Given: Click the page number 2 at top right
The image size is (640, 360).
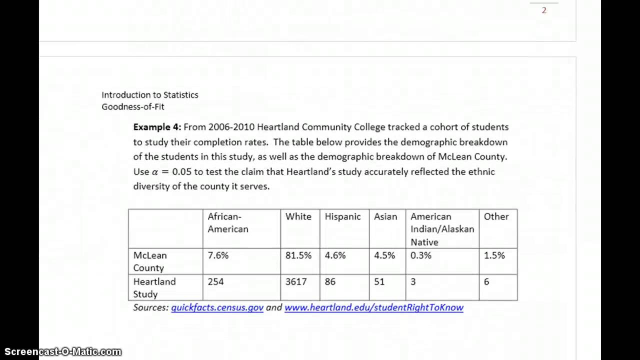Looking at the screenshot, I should click(x=544, y=10).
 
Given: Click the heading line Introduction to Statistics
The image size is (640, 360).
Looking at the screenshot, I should click(x=150, y=94).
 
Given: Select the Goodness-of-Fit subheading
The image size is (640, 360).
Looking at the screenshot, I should click(x=133, y=106).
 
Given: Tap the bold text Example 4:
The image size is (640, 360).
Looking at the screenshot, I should click(x=157, y=127).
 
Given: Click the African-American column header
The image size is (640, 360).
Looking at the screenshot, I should click(x=228, y=222).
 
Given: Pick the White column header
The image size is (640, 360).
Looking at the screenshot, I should click(x=298, y=216).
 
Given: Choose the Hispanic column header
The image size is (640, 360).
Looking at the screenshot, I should click(x=342, y=216).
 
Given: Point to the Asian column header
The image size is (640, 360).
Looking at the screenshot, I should click(x=385, y=216).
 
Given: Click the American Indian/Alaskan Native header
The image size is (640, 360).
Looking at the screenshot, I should click(x=442, y=229).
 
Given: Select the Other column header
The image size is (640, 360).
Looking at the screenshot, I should click(x=496, y=216).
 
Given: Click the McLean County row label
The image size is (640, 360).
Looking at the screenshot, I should click(x=150, y=261).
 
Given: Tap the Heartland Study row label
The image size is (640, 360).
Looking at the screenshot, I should click(x=154, y=287).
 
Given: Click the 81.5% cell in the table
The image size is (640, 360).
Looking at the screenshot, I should click(x=298, y=255).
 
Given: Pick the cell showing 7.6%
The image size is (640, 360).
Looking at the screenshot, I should click(x=218, y=255).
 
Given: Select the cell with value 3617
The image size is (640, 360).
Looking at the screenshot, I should click(x=296, y=281).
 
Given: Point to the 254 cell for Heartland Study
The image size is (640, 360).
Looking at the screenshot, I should click(x=216, y=281).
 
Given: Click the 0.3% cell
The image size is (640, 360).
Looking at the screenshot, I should click(x=421, y=255).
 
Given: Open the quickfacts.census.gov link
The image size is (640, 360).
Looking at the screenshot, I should click(x=217, y=307).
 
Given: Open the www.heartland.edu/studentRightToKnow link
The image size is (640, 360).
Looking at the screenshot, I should click(x=373, y=307).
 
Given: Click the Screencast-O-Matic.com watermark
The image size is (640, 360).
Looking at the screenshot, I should click(x=60, y=352).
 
